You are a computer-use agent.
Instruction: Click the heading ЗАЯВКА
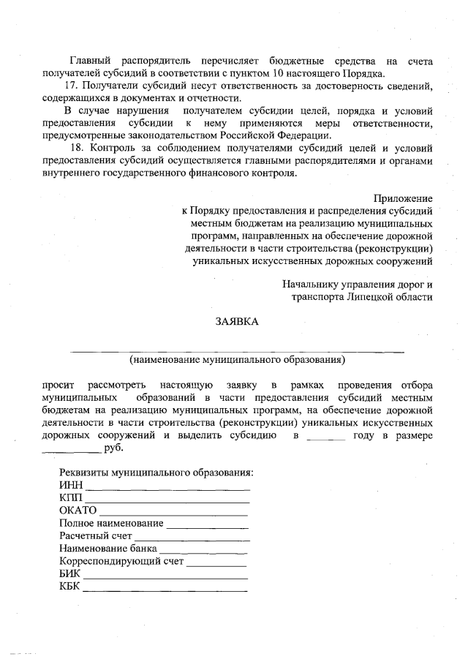point(236,321)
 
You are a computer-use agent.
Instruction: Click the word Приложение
point(402,198)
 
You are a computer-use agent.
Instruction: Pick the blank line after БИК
point(165,575)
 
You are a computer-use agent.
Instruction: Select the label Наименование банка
point(107,549)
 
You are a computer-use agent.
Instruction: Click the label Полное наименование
point(111,524)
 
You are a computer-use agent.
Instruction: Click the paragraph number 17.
point(71,86)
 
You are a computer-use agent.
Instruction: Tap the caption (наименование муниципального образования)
point(237,359)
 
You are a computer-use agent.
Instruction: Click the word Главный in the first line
point(88,61)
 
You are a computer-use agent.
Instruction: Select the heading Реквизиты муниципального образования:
point(156,473)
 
